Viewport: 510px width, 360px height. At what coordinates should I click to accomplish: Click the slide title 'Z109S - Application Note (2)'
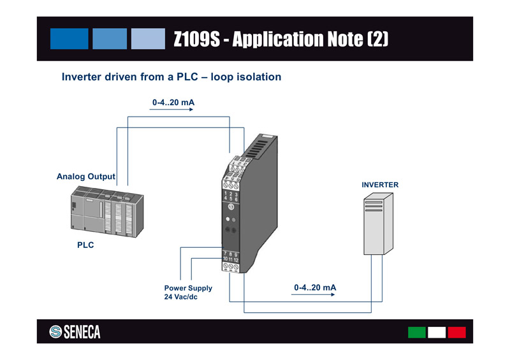tap(280, 40)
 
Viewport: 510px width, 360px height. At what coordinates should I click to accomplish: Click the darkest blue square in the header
tap(69, 38)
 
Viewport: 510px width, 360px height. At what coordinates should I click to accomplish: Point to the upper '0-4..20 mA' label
tap(173, 102)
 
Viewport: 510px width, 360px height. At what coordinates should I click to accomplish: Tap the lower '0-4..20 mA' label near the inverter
tap(315, 288)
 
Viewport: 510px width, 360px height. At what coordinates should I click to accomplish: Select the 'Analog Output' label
tap(86, 176)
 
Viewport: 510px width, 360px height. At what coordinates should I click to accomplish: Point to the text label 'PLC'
tap(85, 245)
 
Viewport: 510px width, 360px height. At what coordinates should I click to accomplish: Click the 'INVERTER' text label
tap(380, 185)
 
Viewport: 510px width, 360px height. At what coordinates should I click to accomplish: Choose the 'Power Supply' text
tap(188, 288)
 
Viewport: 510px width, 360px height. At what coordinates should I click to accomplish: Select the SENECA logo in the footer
tap(75, 332)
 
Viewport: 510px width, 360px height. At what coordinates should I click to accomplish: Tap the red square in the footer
tap(456, 332)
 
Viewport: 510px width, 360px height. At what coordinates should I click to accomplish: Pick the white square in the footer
tap(437, 332)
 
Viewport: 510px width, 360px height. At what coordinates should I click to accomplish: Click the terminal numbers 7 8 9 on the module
tap(230, 255)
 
